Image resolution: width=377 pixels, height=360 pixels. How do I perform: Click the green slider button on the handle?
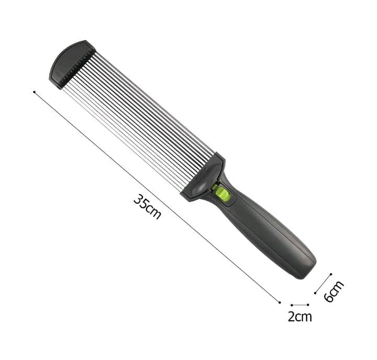point(223,194)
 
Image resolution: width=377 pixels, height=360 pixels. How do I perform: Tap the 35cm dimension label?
point(147,207)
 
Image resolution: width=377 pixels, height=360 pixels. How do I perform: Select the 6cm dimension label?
point(334,291)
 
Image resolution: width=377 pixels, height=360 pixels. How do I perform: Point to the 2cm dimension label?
point(300,317)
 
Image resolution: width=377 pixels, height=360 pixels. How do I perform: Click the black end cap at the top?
point(72,64)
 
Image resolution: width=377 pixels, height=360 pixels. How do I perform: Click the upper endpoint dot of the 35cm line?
point(35,92)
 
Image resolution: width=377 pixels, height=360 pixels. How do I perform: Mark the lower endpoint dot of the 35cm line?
point(280,302)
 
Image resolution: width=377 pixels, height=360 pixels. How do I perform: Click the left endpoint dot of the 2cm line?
point(292,305)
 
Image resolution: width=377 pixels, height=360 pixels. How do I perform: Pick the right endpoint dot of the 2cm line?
point(308,305)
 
